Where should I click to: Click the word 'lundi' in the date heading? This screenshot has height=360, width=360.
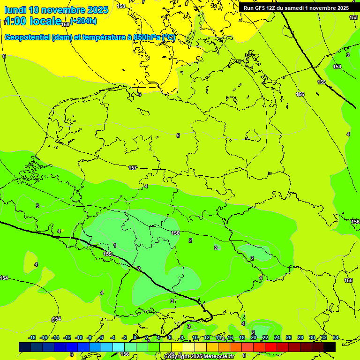15,10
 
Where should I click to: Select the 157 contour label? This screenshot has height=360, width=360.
133,168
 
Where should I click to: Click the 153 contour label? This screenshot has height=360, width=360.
353,17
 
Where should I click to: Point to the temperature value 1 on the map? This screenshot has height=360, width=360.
115,246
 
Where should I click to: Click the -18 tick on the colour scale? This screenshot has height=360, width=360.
32,338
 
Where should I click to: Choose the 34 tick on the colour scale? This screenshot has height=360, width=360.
336,338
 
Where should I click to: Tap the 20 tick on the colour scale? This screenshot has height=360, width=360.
254,338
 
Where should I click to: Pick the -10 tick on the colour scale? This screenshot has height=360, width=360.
79,338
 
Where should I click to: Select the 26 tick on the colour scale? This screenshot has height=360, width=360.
288,338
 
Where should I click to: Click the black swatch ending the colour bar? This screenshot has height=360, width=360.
330,347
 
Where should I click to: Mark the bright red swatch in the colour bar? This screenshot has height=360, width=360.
271,347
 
